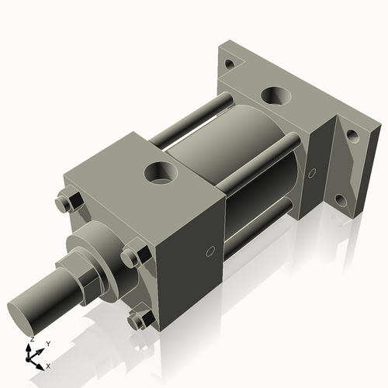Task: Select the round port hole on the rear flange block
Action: point(275,95)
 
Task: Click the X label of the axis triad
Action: point(48,365)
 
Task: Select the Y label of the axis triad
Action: point(47,342)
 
